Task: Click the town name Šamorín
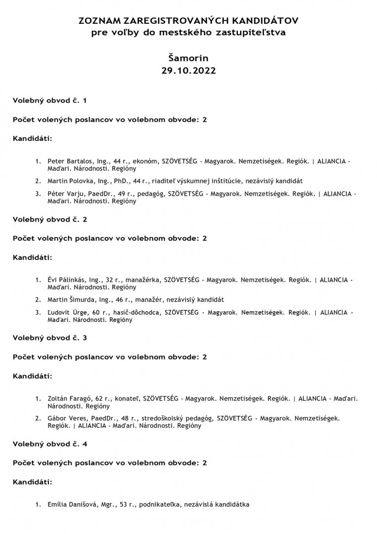[x=188, y=57]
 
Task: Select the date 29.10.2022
[x=188, y=70]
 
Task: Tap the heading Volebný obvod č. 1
[x=49, y=100]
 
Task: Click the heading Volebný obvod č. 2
[x=49, y=219]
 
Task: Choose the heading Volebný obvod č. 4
[x=49, y=444]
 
